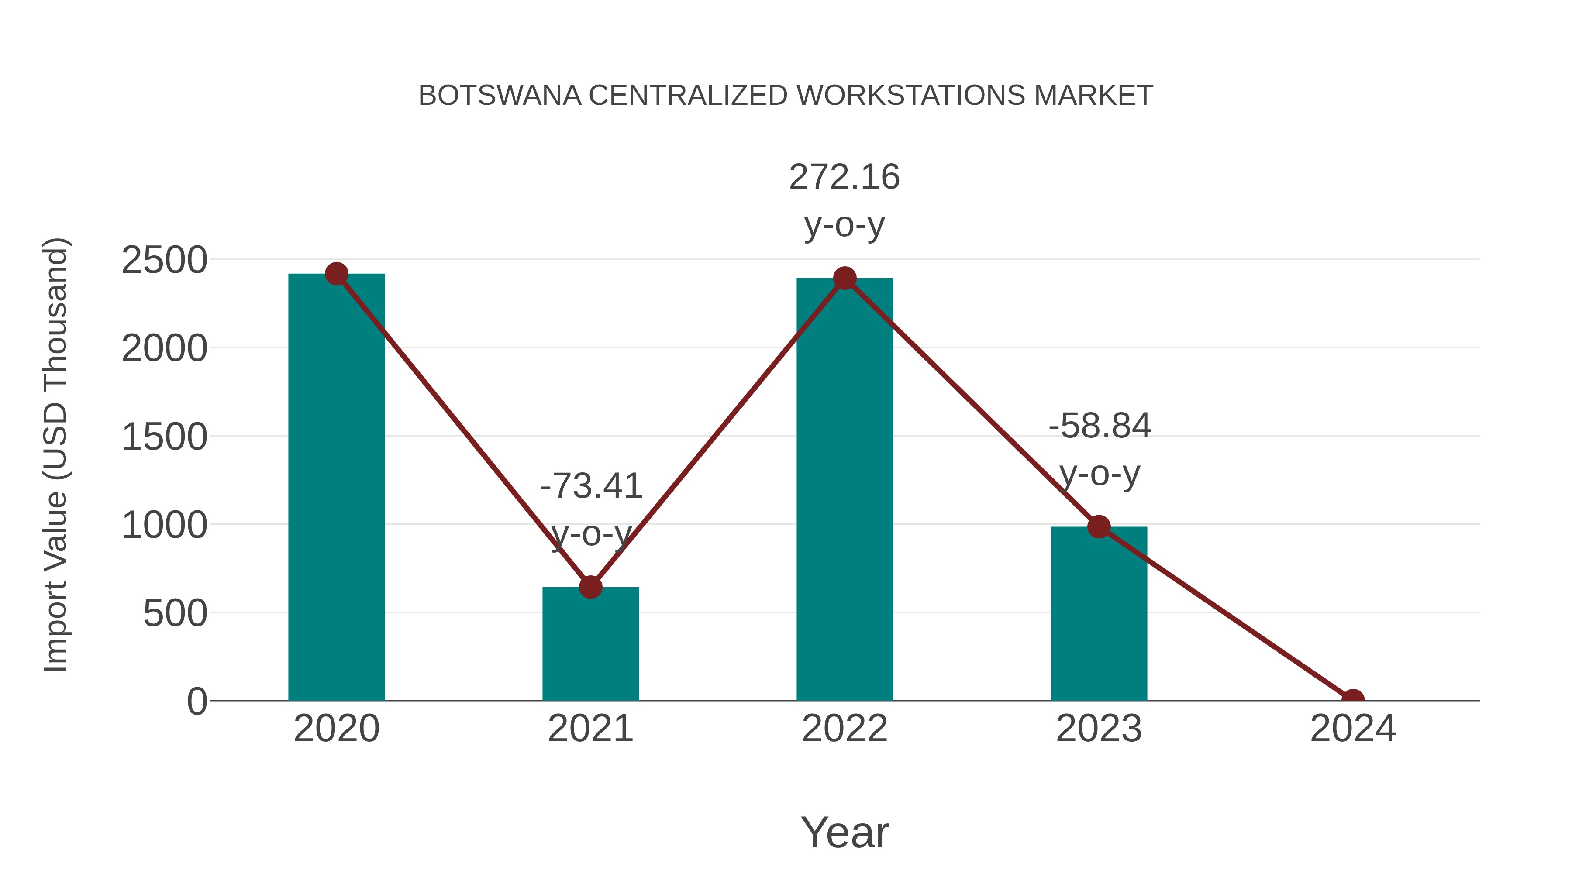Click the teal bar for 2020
click(336, 488)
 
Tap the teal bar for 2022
click(845, 488)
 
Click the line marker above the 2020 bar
click(336, 274)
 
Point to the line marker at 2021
click(590, 587)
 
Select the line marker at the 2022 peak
click(845, 278)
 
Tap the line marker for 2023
click(1099, 526)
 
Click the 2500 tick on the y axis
click(164, 261)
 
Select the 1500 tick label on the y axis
click(164, 437)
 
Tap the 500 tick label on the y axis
click(175, 613)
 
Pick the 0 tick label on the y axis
click(196, 702)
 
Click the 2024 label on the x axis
click(1352, 729)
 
